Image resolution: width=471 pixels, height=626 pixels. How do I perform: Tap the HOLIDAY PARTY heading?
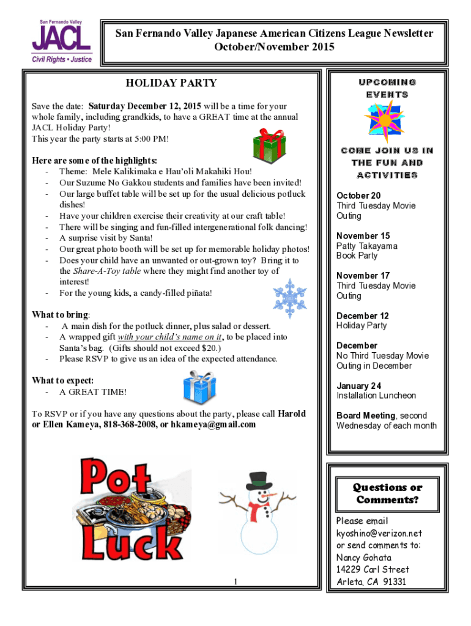pos(171,83)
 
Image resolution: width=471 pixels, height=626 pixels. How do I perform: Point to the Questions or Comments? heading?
pos(387,493)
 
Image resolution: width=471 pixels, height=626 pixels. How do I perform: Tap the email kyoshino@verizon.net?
pos(379,533)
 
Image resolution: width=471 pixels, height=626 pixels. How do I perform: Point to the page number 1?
pos(235,581)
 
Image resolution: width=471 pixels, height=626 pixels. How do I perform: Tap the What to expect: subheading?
pos(63,380)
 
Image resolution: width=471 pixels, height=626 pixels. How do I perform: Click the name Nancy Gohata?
pos(364,558)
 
